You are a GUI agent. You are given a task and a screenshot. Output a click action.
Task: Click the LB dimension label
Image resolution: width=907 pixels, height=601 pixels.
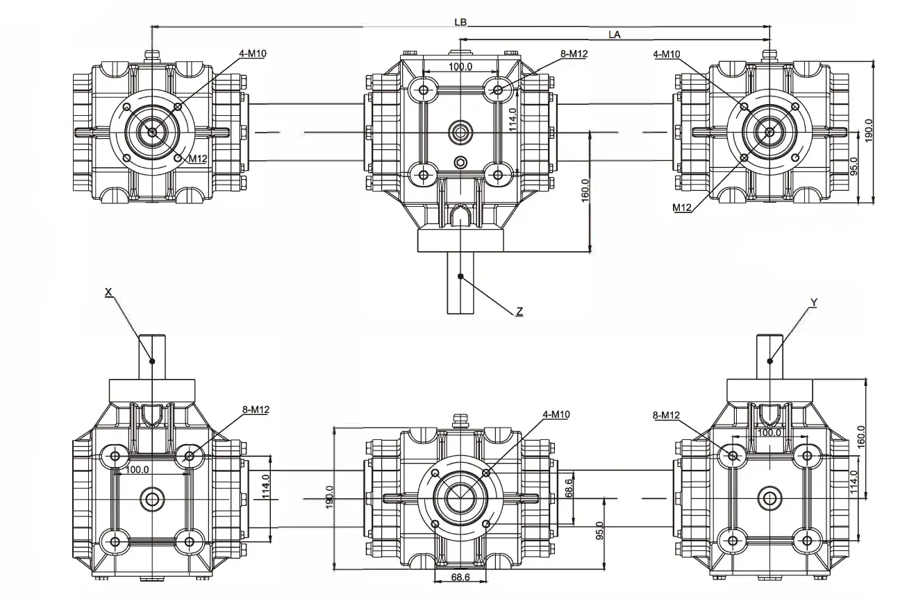(460, 22)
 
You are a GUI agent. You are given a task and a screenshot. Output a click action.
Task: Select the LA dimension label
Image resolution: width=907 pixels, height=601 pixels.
(614, 33)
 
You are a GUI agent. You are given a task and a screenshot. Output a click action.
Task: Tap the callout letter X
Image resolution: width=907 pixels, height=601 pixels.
(108, 293)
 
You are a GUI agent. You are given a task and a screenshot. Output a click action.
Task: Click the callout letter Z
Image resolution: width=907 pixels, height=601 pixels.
(519, 312)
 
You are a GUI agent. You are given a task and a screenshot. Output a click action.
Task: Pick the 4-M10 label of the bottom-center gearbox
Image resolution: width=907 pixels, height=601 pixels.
(556, 414)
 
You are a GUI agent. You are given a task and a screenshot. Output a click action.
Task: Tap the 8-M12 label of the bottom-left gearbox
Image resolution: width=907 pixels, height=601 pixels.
(256, 409)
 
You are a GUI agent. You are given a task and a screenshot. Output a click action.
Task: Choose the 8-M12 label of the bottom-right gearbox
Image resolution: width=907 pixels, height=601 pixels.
(665, 415)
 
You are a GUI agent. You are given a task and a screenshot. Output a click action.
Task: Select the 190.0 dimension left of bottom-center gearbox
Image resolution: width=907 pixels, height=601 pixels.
(330, 497)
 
